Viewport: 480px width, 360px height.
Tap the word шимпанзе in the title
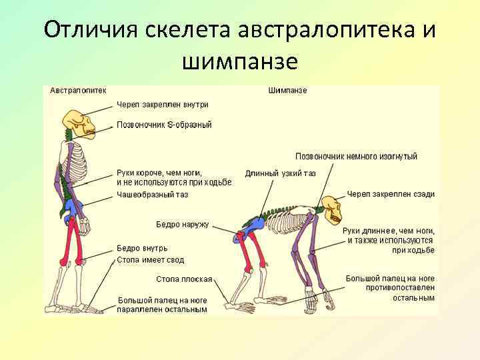pos(239,61)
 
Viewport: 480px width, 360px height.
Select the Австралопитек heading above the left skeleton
pos(77,91)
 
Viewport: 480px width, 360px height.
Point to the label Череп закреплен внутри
pos(163,105)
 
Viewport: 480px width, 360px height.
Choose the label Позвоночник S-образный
pos(164,125)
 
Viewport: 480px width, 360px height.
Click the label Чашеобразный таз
pos(152,195)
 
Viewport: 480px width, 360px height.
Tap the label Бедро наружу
pos(182,225)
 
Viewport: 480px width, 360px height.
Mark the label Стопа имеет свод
pos(150,260)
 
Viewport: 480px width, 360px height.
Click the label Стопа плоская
pos(184,279)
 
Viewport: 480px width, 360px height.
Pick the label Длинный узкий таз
pos(280,173)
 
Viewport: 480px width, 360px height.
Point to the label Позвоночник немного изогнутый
pos(356,156)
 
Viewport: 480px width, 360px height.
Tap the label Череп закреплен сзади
pos(391,194)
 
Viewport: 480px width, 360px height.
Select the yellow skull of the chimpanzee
pos(331,209)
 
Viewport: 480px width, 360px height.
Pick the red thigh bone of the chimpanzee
pos(245,257)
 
